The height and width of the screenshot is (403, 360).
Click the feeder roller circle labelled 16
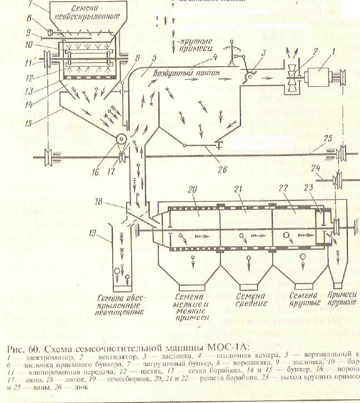(121, 142)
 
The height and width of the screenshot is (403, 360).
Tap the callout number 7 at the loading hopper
(31, 5)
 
